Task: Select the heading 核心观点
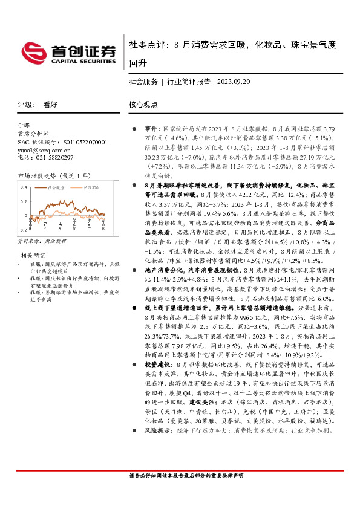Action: point(143,104)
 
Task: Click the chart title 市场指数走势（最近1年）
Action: point(54,176)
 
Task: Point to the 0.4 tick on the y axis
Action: point(24,187)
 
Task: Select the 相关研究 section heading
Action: point(34,255)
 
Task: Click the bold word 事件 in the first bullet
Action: point(151,129)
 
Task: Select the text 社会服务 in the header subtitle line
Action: point(143,81)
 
